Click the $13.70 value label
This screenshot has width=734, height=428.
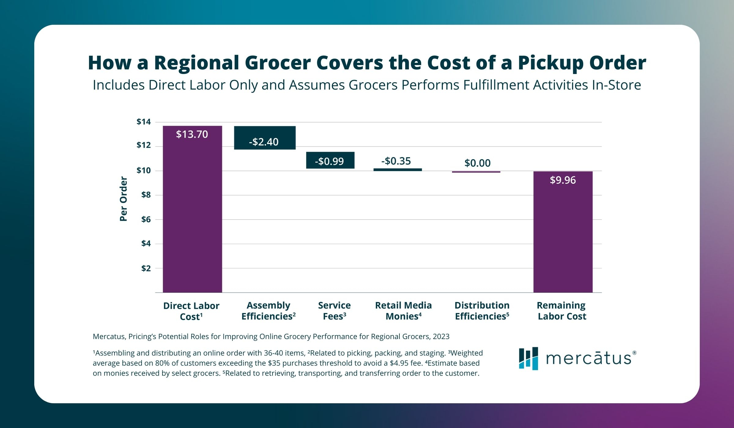click(x=192, y=134)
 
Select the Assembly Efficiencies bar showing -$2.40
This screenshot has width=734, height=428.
click(x=265, y=138)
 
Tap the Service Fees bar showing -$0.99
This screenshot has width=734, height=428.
click(x=330, y=160)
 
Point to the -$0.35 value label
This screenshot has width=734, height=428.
click(x=396, y=161)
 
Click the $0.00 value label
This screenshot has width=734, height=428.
click(x=477, y=163)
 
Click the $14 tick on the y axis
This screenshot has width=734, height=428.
click(x=144, y=122)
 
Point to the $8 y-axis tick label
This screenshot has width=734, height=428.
click(x=146, y=195)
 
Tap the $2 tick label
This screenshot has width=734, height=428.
click(x=146, y=268)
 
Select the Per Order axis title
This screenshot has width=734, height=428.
click(x=123, y=199)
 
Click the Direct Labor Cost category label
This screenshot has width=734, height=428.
click(x=191, y=311)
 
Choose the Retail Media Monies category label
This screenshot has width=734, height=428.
click(x=403, y=311)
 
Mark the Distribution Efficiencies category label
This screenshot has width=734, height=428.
click(x=482, y=311)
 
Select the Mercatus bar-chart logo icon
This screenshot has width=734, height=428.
click(x=528, y=358)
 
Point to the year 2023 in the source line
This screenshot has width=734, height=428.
click(x=441, y=337)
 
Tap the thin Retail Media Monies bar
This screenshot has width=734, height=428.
click(x=398, y=170)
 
